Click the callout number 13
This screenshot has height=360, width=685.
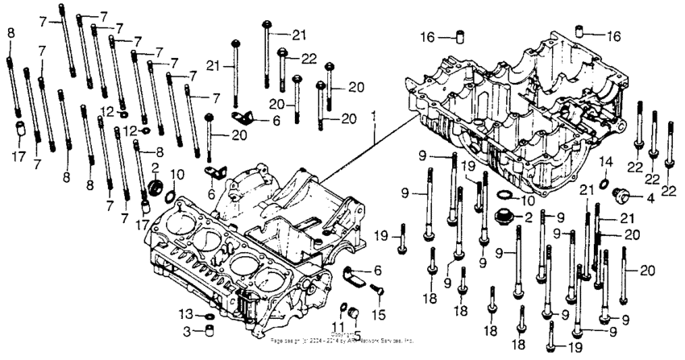click(185, 314)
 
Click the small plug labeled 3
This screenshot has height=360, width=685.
click(208, 330)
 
